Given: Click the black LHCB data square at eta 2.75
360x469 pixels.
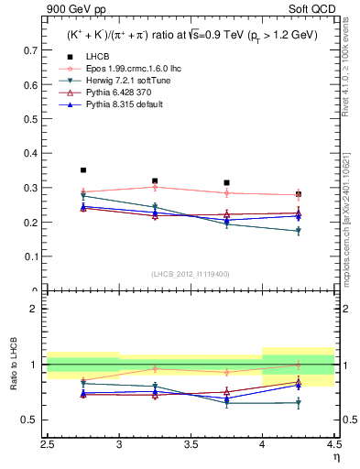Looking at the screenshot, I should [x=83, y=170].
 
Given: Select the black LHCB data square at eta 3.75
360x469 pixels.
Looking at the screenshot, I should [x=226, y=182].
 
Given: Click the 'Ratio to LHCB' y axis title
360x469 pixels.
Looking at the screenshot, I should [x=14, y=365].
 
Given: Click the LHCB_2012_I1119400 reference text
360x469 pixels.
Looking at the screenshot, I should [x=190, y=273].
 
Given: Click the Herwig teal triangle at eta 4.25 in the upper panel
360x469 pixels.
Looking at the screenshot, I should [x=299, y=231].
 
